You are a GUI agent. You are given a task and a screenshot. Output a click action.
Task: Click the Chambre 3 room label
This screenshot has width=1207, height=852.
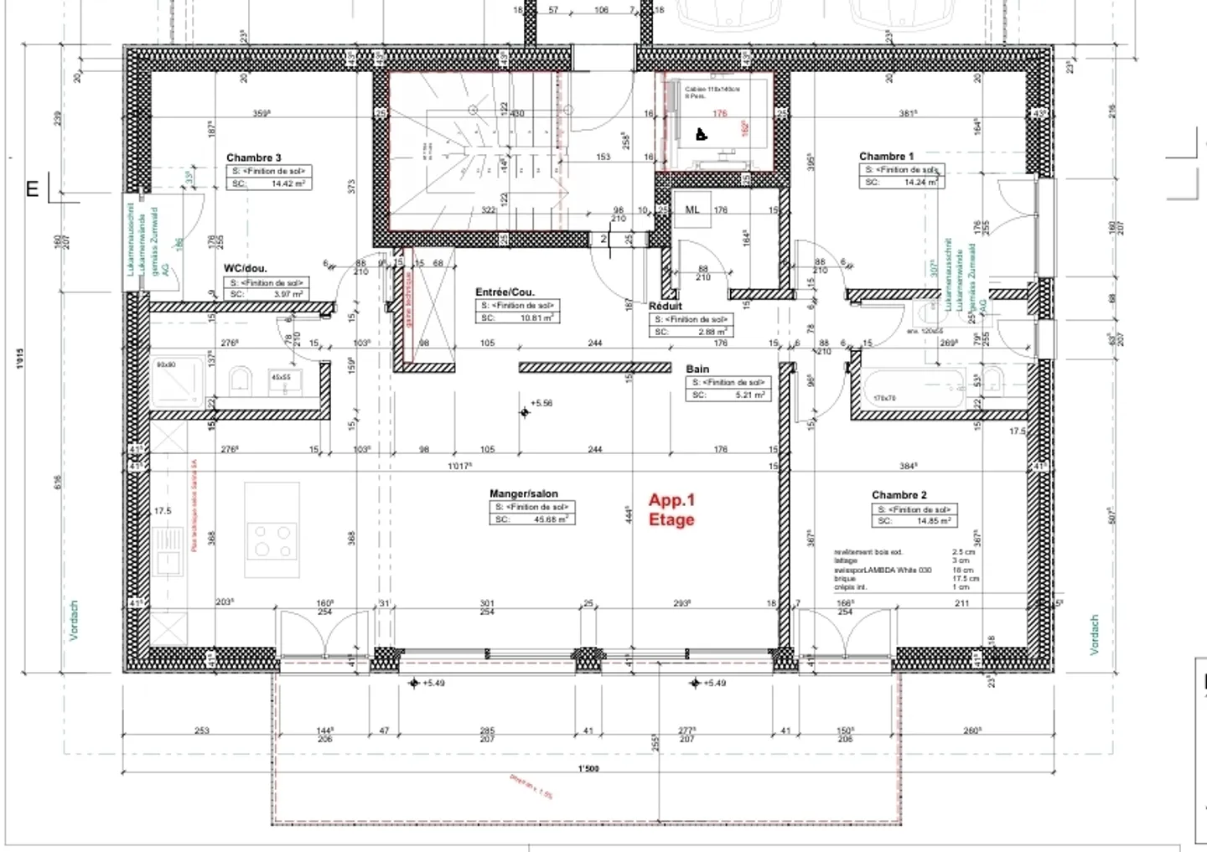coord(253,157)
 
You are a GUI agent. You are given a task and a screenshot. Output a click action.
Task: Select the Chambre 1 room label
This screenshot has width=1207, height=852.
coord(886,156)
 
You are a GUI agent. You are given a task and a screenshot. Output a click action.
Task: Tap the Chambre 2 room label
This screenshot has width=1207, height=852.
coord(899,495)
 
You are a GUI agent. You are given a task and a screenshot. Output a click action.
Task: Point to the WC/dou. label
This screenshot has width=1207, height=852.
coord(245,268)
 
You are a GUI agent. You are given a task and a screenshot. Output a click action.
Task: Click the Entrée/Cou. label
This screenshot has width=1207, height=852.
coord(505,292)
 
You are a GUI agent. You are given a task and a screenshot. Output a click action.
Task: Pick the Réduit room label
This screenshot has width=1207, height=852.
coord(666,307)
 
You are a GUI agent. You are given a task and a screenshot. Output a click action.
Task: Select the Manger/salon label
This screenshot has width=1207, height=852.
coord(523,494)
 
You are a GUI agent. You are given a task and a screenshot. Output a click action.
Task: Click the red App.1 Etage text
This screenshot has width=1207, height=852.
coord(671,509)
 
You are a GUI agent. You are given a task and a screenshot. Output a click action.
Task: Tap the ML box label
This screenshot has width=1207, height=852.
coord(692,210)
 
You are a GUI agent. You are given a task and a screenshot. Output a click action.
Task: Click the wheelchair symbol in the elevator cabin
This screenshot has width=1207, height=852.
coord(702,134)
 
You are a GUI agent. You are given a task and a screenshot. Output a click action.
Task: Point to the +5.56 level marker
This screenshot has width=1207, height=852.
coord(526,411)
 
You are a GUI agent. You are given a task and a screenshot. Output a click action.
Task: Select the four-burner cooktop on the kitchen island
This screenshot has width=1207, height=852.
coord(272,541)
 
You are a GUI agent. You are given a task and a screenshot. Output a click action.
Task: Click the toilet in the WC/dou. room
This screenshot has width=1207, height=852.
coord(240,380)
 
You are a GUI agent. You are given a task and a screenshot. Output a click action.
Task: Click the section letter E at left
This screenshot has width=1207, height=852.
coord(32,189)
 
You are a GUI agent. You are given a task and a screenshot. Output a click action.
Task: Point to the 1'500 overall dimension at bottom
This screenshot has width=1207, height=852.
coord(588,769)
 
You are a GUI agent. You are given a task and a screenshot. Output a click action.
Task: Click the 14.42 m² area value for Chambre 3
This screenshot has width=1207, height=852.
coord(287,183)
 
